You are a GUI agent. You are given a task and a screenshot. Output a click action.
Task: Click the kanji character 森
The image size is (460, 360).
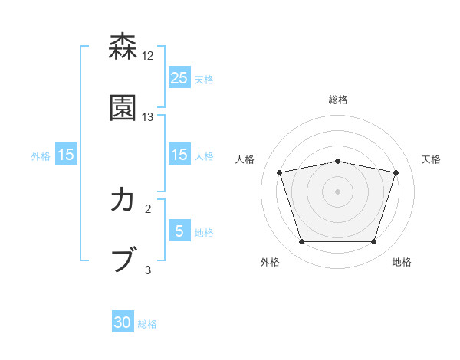123,47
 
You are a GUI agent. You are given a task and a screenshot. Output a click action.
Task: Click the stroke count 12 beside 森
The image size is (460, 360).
148,56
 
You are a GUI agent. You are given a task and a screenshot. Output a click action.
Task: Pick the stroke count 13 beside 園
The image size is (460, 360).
148,116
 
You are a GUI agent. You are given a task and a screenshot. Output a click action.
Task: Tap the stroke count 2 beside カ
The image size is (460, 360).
148,208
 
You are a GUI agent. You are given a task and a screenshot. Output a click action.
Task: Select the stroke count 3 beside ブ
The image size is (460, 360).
148,269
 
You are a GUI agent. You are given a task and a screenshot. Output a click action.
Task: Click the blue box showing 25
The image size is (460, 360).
179,77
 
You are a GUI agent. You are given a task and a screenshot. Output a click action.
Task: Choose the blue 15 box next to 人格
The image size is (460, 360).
179,155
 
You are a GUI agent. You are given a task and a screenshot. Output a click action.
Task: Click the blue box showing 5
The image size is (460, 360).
179,231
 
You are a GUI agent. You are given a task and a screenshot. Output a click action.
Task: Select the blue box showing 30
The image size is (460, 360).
123,322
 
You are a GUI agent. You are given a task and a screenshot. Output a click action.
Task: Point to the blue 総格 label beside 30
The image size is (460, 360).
148,324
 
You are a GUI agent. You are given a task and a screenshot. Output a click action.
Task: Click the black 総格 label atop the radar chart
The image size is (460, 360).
338,100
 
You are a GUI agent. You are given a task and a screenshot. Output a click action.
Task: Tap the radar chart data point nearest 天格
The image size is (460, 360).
396,172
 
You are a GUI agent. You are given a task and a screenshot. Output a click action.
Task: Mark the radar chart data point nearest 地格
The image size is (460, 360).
373,242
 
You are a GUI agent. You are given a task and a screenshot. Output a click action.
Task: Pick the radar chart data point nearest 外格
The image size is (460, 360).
301,242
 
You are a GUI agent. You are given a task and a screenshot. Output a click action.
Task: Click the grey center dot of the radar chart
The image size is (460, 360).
337,191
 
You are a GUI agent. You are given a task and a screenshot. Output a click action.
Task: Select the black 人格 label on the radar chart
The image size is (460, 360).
245,159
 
